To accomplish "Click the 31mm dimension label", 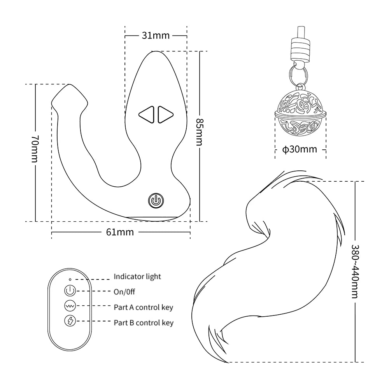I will [x=156, y=35].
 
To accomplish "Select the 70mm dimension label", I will [x=35, y=147].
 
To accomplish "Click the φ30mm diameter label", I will [x=300, y=149].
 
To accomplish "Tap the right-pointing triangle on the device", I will [x=165, y=115].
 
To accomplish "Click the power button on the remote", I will [x=70, y=291].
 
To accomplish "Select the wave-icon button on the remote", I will [x=70, y=306].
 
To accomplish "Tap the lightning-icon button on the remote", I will [x=70, y=321].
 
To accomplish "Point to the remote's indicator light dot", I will [x=70, y=279].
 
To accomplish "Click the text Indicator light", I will [x=137, y=277].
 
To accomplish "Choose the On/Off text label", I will [x=124, y=292].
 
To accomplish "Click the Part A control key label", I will [x=143, y=307].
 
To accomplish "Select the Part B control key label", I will [x=143, y=322].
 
